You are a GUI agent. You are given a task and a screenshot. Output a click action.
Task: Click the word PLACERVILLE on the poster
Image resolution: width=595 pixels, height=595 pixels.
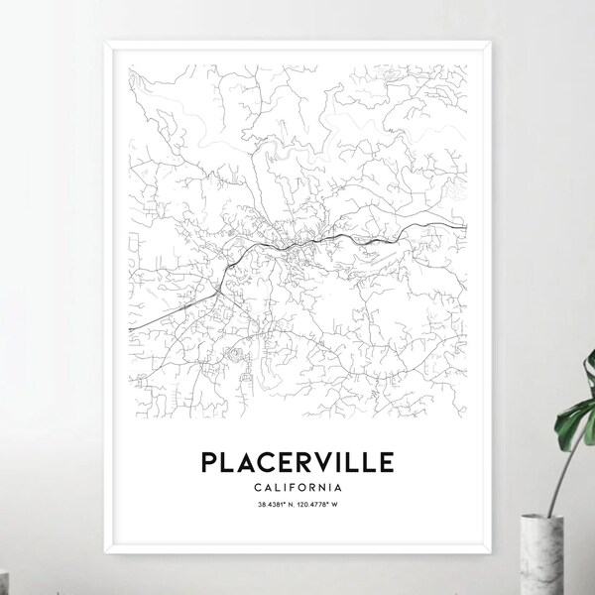[x=297, y=462]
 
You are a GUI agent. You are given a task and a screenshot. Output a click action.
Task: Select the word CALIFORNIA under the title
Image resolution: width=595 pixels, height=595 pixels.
[x=297, y=487]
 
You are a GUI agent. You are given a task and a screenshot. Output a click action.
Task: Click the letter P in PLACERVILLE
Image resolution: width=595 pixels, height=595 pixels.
[x=211, y=462]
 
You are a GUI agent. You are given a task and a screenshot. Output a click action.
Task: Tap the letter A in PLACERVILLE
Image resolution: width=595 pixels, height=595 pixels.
[x=248, y=462]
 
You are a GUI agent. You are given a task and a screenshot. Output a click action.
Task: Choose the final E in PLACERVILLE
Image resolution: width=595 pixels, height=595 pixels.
[x=384, y=462]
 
